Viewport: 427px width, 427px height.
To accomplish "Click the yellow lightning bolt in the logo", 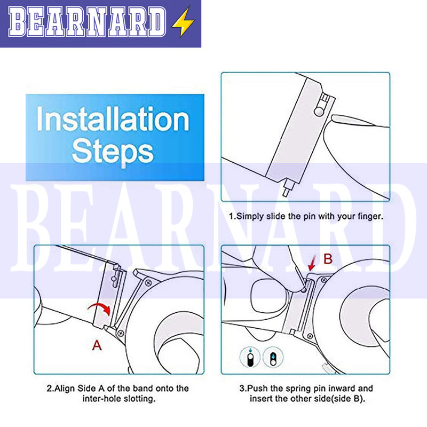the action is pos(182,22).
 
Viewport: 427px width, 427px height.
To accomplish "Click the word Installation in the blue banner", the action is pos(113,119).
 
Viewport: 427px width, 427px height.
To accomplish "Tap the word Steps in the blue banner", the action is pos(113,153).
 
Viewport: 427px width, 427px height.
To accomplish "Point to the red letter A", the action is pos(97,345).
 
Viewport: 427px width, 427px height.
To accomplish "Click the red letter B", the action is pos(328,259).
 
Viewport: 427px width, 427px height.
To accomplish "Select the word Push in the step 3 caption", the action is pos(258,389).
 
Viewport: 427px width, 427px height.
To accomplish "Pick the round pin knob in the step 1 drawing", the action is pos(319,111).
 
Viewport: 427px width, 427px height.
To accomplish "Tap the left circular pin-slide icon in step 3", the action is pos(250,357).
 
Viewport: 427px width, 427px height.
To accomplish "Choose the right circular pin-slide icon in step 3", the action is pos(273,357).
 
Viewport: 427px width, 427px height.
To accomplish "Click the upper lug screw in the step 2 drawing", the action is pos(148,283).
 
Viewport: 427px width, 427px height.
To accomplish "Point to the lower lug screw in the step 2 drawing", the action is pos(121,333).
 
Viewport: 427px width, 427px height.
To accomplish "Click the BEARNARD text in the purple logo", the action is pos(87,22).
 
